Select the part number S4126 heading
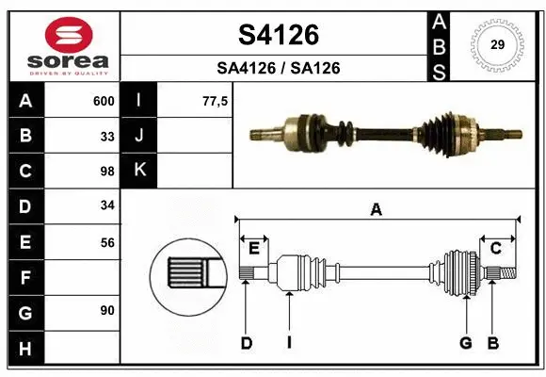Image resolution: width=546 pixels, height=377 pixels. (280, 35)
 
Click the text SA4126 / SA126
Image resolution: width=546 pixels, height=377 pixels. (280, 68)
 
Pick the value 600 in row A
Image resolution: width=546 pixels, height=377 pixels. (104, 101)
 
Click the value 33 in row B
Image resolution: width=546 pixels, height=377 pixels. (107, 136)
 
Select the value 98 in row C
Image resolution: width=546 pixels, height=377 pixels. (107, 172)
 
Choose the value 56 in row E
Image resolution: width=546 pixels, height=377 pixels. (107, 242)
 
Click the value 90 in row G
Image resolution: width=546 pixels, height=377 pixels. (107, 310)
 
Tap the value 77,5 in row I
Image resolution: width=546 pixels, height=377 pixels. (216, 101)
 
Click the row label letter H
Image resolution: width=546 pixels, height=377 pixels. (25, 349)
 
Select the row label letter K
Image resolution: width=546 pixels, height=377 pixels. (139, 171)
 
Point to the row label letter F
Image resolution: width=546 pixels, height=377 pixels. (25, 278)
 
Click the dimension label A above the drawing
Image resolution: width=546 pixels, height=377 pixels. (376, 210)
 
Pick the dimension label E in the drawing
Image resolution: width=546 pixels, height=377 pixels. (254, 248)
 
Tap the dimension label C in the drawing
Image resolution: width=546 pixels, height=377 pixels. (495, 248)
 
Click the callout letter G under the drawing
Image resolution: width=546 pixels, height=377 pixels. (465, 343)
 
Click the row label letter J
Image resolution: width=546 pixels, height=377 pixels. (139, 136)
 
